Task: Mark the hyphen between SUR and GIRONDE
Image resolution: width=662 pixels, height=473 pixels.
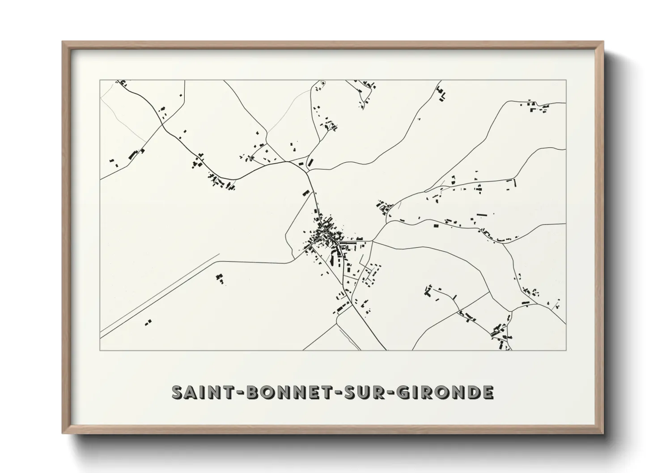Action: [388, 393]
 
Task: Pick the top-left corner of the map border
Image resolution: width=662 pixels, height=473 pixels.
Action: [100, 80]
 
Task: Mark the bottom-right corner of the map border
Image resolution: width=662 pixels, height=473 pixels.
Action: [566, 350]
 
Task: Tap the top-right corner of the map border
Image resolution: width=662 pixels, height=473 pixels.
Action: [566, 80]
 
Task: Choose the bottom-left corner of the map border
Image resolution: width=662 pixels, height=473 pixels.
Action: [100, 350]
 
